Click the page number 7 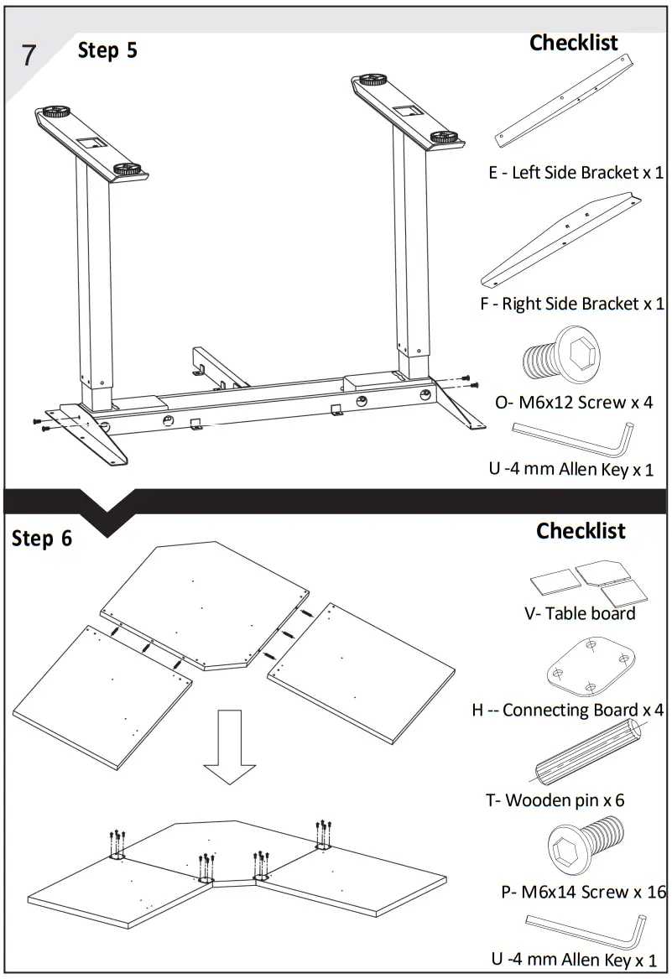point(29,55)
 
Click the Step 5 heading point(107,50)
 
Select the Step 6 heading point(42,538)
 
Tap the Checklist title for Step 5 point(573,43)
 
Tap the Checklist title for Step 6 point(581,531)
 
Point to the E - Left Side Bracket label point(576,173)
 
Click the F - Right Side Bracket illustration point(560,240)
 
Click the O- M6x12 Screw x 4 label point(574,402)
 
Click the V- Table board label point(580,613)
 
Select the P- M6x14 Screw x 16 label point(583,892)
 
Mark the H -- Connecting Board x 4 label point(567,711)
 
